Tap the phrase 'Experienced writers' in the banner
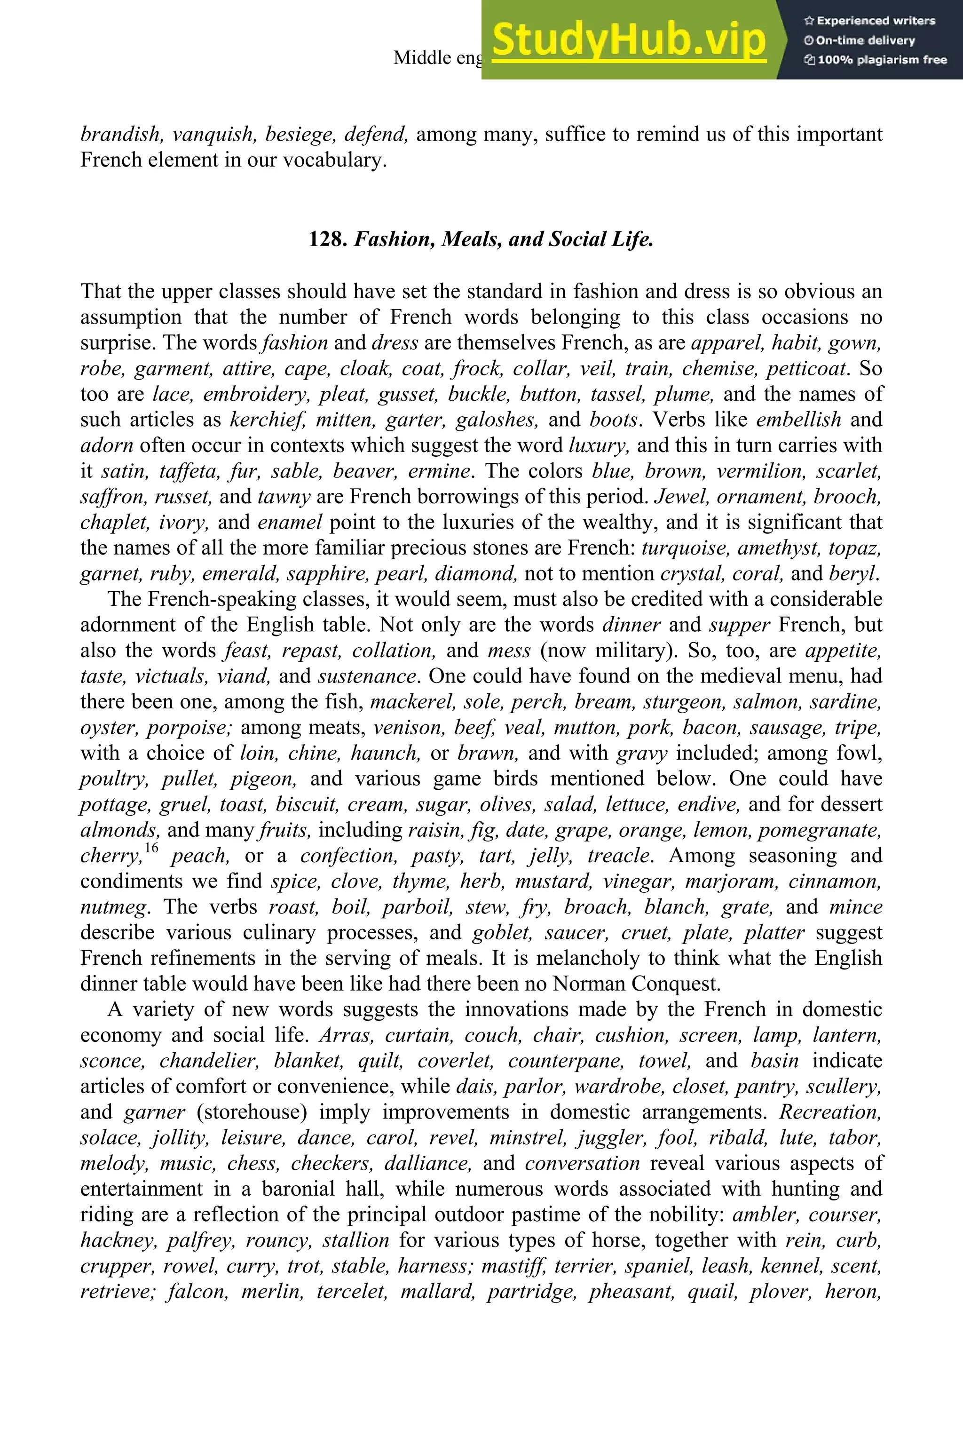click(x=875, y=21)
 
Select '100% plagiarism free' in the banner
click(x=881, y=60)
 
